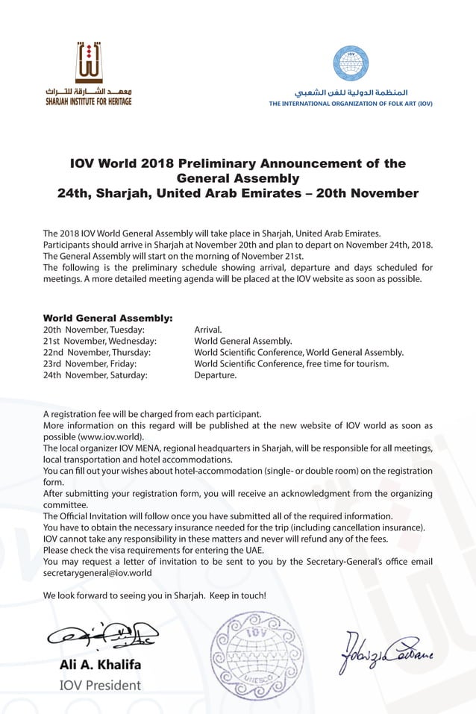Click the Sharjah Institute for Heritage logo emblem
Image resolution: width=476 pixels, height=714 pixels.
click(x=88, y=63)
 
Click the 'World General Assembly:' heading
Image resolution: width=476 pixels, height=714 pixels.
click(x=108, y=318)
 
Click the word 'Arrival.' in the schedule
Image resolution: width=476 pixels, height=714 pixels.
click(x=208, y=329)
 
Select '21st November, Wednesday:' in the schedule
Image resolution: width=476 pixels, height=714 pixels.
click(x=100, y=341)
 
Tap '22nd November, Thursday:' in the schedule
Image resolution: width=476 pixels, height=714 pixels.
click(x=97, y=352)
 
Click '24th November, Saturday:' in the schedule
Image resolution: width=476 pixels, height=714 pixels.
click(x=95, y=375)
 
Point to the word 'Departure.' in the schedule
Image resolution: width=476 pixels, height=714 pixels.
click(x=215, y=375)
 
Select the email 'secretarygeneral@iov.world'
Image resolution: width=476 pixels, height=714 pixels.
click(x=98, y=573)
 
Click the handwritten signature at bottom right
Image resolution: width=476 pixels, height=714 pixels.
click(x=387, y=651)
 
